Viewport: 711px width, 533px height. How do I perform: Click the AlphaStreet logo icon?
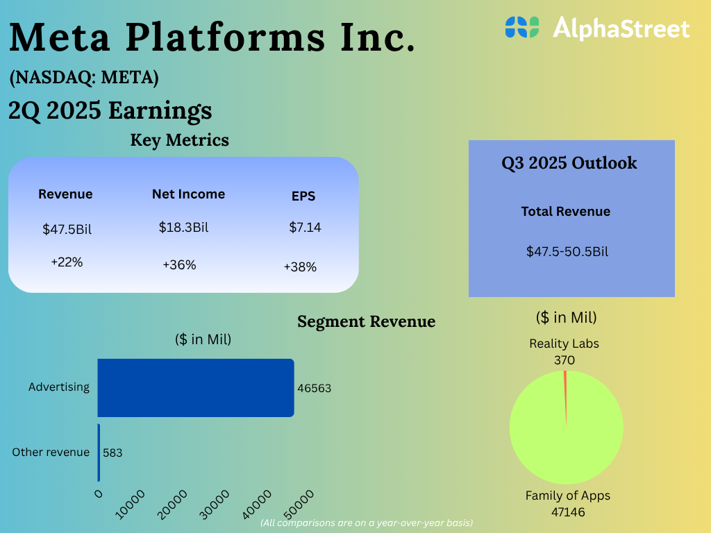pos(522,27)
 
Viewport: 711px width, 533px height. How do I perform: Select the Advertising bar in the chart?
pos(195,387)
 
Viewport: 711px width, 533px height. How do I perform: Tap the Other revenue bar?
pos(99,452)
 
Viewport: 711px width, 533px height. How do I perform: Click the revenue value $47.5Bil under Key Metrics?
pos(67,229)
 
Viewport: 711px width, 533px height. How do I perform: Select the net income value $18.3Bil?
pos(183,227)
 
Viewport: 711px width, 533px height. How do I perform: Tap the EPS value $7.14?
pos(305,227)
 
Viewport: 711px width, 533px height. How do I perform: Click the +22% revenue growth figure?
pos(67,262)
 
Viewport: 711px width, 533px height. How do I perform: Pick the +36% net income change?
pos(179,264)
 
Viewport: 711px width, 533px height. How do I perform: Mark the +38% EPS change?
pos(300,266)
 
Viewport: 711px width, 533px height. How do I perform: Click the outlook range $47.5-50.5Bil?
pos(567,251)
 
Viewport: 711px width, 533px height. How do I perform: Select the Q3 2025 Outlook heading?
pos(569,163)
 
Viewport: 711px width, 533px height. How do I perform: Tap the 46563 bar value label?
pos(314,388)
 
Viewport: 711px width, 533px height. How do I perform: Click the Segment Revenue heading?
pos(366,321)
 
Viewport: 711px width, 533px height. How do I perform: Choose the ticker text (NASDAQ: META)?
pos(84,78)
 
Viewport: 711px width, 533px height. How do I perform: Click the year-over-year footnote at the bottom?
pos(367,523)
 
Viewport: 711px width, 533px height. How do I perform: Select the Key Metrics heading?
pos(179,139)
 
